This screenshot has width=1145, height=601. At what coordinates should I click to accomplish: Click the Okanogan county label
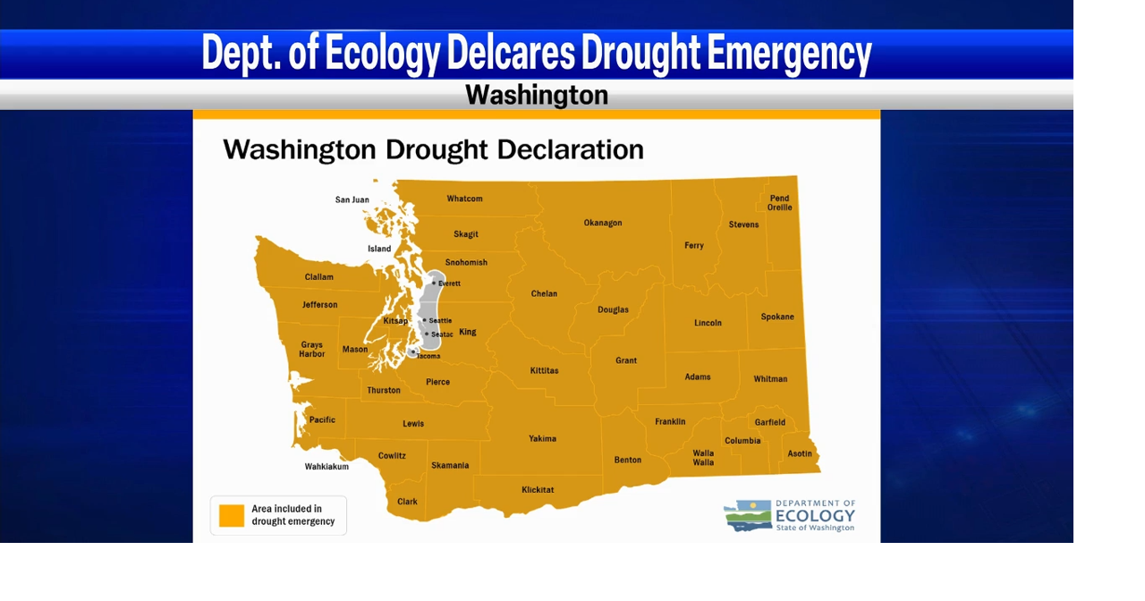pyautogui.click(x=602, y=223)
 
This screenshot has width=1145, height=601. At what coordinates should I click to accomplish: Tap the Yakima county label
pyautogui.click(x=542, y=438)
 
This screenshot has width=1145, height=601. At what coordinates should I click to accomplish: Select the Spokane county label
pyautogui.click(x=776, y=317)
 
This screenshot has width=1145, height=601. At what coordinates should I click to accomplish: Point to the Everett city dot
pyautogui.click(x=434, y=283)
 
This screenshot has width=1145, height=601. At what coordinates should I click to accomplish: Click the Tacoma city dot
pyautogui.click(x=412, y=352)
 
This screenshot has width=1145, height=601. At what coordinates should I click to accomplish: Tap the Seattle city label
pyautogui.click(x=440, y=320)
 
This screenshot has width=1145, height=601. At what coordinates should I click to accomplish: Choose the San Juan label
pyautogui.click(x=352, y=199)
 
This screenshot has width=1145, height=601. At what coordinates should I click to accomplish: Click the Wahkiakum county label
pyautogui.click(x=327, y=466)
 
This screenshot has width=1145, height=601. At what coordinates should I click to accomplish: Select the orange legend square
pyautogui.click(x=232, y=516)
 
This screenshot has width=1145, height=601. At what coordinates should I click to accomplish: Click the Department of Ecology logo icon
pyautogui.click(x=747, y=515)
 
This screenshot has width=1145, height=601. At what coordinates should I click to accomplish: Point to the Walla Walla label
pyautogui.click(x=703, y=457)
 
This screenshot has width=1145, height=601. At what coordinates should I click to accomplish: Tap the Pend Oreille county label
pyautogui.click(x=779, y=203)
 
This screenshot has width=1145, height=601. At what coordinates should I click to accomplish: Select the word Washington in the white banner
pyautogui.click(x=537, y=95)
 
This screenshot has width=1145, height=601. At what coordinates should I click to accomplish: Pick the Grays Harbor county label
pyautogui.click(x=312, y=349)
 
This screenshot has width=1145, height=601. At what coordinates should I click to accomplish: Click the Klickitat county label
pyautogui.click(x=538, y=489)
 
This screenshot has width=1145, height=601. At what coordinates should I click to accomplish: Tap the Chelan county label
pyautogui.click(x=544, y=293)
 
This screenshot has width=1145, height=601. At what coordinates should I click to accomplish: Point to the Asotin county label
pyautogui.click(x=799, y=453)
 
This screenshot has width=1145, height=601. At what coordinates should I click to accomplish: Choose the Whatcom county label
pyautogui.click(x=464, y=199)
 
